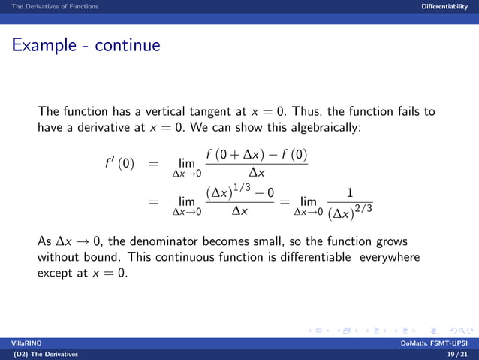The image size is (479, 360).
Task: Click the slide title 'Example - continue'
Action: coord(86,45)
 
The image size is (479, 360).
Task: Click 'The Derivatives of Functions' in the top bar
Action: coord(49,6)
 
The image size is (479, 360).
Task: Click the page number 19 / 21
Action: coord(456,354)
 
